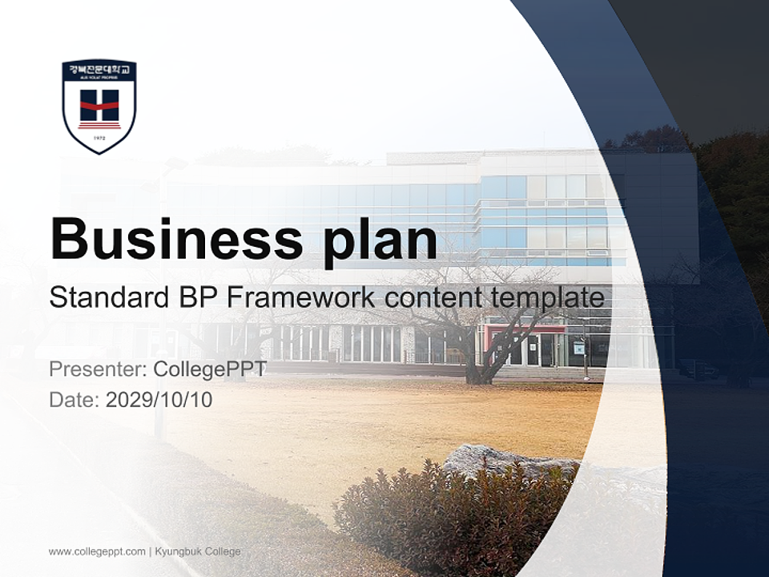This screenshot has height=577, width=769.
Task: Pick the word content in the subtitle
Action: [x=432, y=298]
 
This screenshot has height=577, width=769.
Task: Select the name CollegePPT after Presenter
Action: [x=209, y=369]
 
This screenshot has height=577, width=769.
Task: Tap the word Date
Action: [x=74, y=399]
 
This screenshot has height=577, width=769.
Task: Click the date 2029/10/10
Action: [x=159, y=399]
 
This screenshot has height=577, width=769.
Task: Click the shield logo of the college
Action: [x=99, y=107]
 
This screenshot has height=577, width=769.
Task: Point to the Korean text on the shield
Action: [x=99, y=71]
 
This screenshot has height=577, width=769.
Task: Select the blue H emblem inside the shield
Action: [x=99, y=105]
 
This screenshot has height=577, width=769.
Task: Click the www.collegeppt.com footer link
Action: [x=97, y=551]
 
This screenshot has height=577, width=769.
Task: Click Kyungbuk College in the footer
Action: [x=198, y=551]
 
